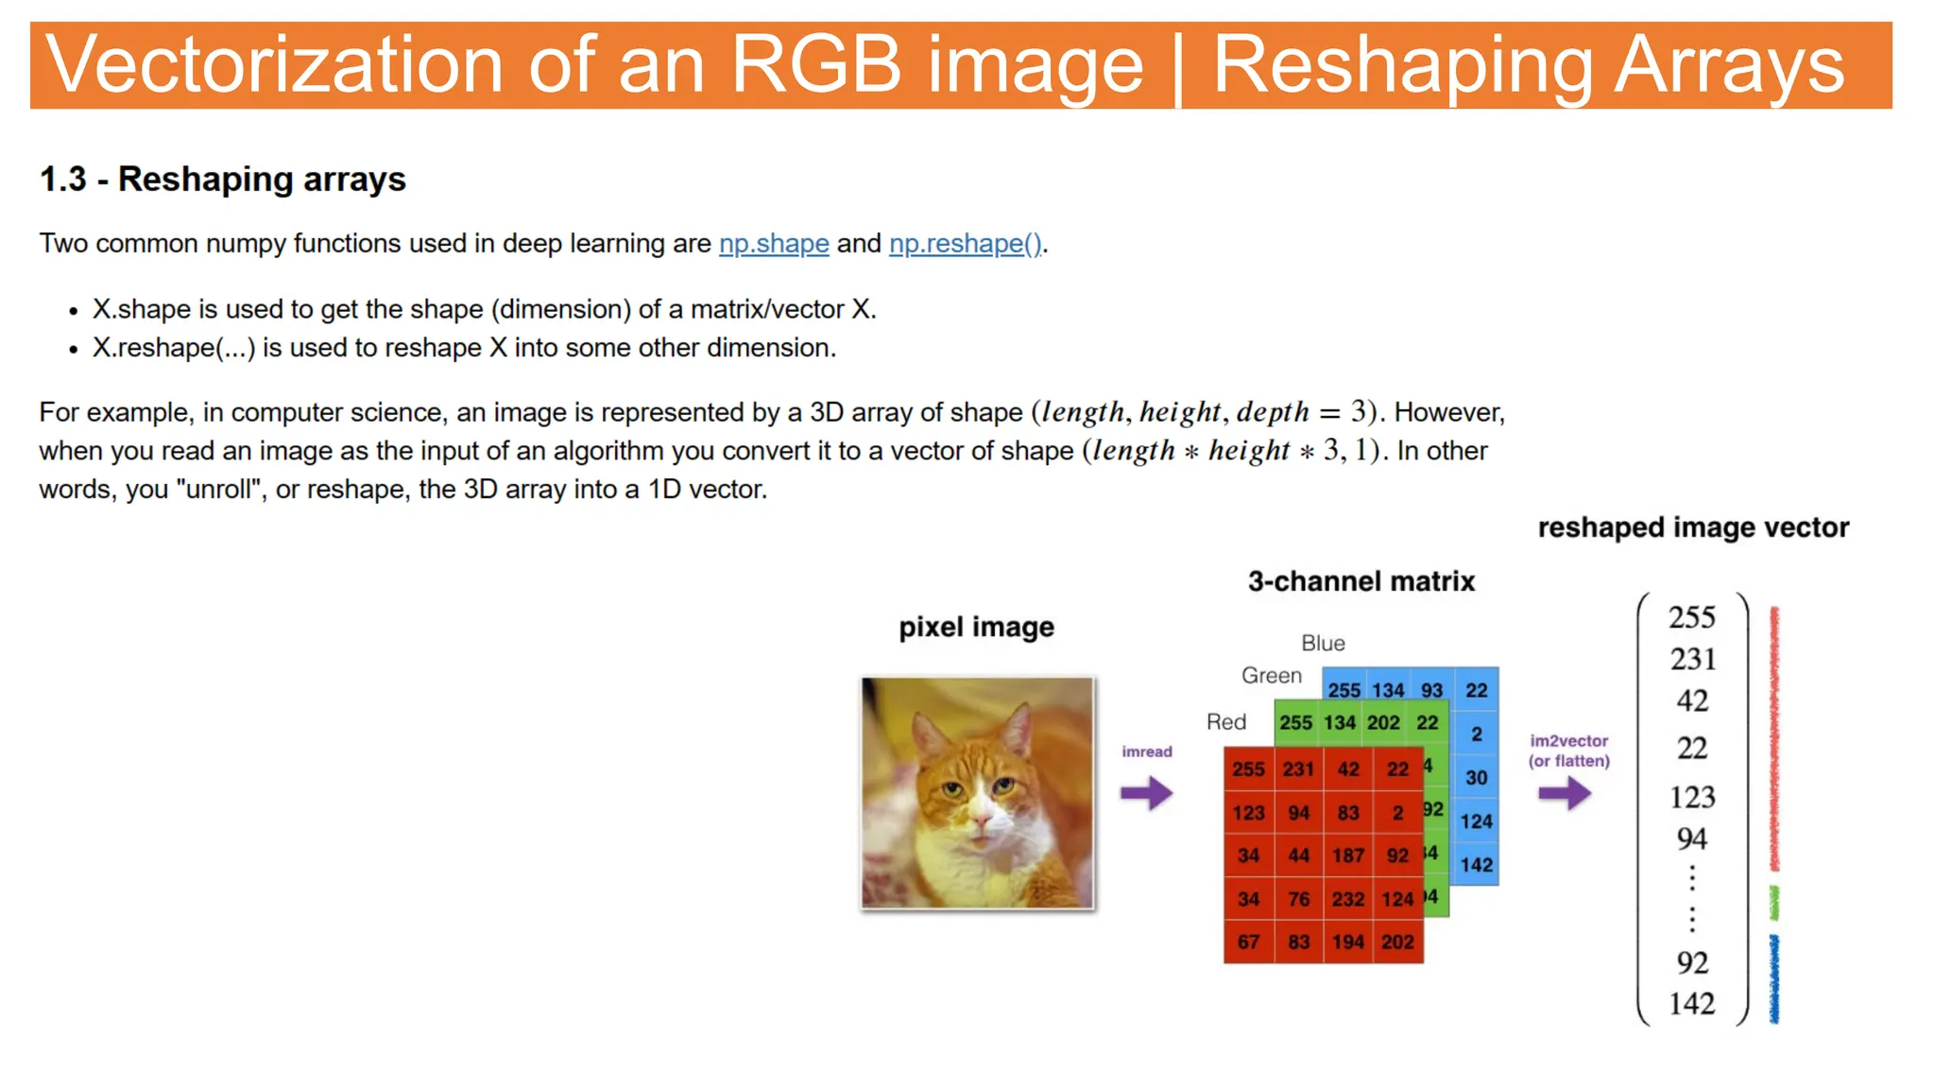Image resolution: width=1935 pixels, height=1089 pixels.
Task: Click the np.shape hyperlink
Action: coord(774,244)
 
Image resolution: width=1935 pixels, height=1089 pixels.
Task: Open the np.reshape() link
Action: coord(965,244)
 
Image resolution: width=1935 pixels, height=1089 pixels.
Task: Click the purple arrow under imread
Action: coord(1146,792)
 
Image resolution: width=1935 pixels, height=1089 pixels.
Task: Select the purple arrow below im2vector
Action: coord(1564,792)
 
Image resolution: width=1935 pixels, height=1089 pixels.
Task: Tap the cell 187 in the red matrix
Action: coord(1348,856)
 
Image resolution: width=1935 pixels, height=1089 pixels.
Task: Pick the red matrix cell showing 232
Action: coord(1348,899)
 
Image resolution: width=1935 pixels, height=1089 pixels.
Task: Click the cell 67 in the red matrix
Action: coord(1248,942)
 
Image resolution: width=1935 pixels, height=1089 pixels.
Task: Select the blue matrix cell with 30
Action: coord(1476,778)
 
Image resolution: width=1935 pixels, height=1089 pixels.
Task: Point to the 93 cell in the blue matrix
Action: coord(1431,690)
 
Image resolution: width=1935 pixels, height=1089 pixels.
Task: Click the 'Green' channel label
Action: coord(1271,676)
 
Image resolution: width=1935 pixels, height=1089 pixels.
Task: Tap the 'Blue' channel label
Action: coord(1323,644)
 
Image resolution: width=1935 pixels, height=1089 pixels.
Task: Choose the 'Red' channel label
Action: coord(1226,722)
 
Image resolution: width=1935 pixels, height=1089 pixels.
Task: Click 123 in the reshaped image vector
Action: coord(1691,797)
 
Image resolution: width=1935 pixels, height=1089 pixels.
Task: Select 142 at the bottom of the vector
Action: coord(1691,1003)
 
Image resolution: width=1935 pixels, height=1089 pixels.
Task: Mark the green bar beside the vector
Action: coord(1774,904)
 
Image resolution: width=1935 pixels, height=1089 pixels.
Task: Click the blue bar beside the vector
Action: coord(1774,979)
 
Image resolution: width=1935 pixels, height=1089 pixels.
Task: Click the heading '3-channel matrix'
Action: coord(1361,581)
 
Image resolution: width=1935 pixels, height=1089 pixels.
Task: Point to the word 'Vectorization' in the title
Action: coord(274,64)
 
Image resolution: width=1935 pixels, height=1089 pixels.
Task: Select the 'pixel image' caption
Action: coord(976,628)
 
